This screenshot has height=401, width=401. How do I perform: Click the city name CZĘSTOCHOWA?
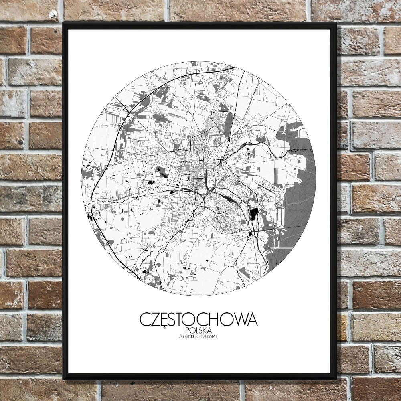point(198,319)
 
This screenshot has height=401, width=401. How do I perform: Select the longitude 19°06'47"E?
point(210,336)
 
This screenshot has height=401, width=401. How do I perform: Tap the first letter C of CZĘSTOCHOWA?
point(145,319)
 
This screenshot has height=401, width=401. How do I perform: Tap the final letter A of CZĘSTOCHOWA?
point(251,319)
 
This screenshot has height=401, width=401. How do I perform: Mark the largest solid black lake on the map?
point(254,214)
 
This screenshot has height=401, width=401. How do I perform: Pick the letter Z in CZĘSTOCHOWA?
point(155,319)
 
